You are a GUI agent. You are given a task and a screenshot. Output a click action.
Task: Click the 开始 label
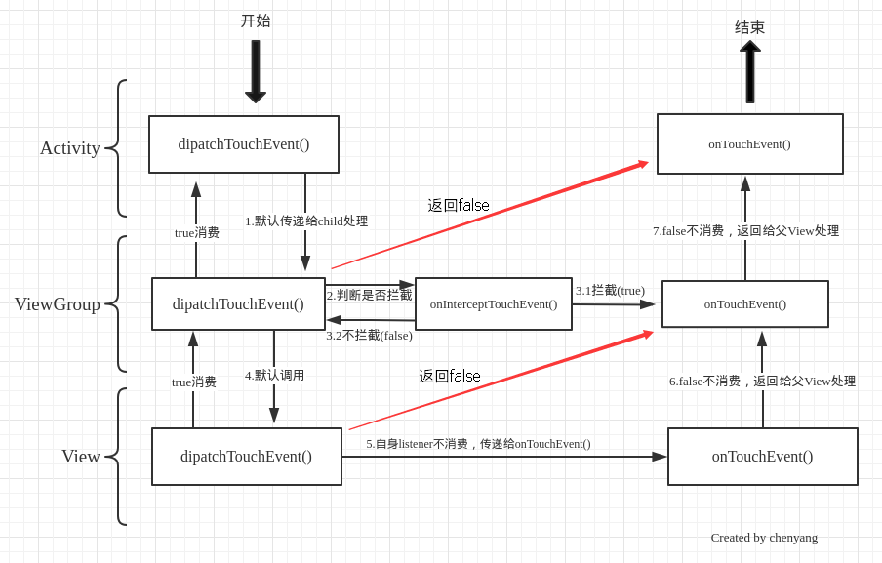(x=256, y=20)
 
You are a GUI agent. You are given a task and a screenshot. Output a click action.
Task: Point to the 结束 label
(x=750, y=27)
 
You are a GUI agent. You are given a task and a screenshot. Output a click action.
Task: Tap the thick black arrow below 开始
(x=256, y=71)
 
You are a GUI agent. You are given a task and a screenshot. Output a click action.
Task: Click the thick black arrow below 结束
(x=750, y=71)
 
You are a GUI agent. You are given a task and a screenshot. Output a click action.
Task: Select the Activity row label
(x=69, y=148)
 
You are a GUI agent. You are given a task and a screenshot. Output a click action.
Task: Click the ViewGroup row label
(x=58, y=304)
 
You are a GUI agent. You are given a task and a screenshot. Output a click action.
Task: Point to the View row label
(x=81, y=456)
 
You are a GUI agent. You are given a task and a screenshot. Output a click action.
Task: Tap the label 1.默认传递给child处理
(x=306, y=221)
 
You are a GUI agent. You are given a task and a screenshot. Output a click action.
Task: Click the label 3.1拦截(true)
(x=610, y=291)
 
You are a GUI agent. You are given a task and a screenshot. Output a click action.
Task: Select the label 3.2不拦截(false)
(x=369, y=336)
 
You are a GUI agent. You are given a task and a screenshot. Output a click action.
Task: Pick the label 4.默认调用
(x=274, y=375)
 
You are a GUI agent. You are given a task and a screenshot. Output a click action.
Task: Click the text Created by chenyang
(x=764, y=538)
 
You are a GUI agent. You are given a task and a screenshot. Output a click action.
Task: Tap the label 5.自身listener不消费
(x=417, y=444)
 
